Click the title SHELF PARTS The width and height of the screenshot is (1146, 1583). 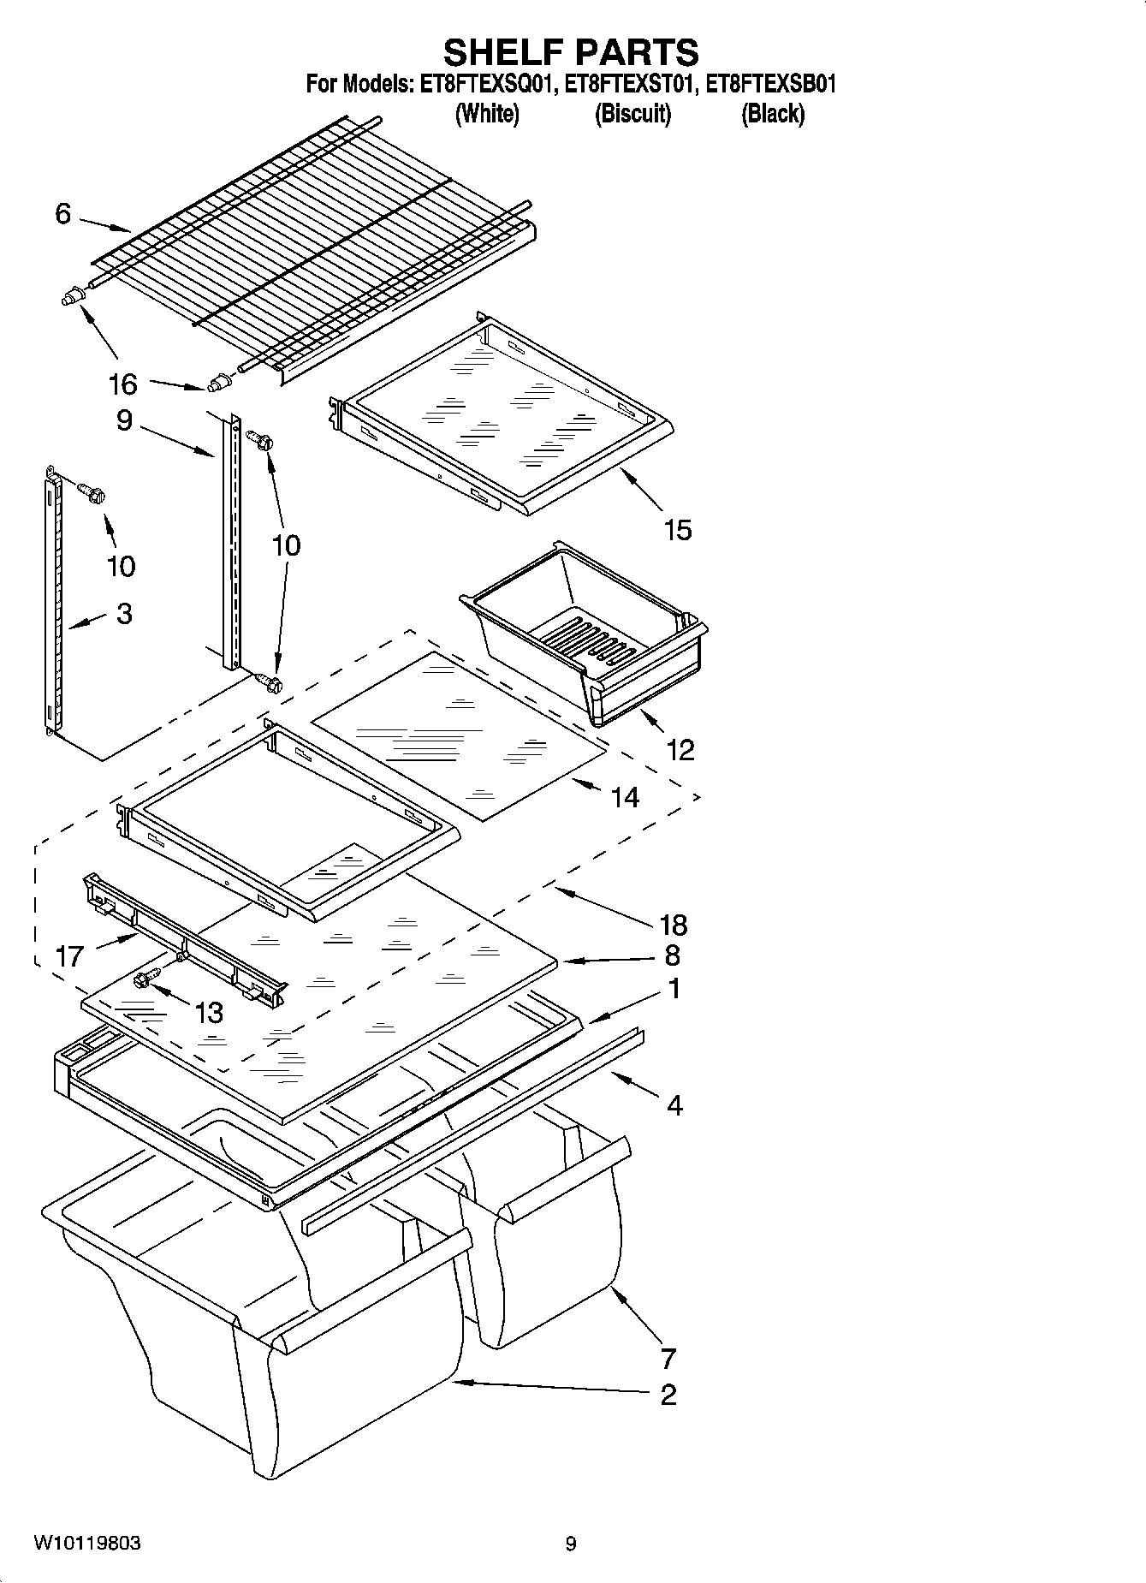click(571, 53)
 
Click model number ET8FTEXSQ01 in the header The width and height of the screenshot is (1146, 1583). click(485, 84)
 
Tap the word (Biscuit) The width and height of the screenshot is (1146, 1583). click(632, 113)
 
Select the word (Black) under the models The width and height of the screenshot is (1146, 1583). click(772, 113)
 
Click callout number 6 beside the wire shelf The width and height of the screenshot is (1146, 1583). click(62, 213)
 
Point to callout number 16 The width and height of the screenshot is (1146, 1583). click(123, 384)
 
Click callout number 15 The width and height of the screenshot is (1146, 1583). click(677, 530)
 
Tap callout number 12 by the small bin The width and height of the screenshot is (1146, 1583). click(680, 750)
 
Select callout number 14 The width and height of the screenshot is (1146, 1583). click(625, 797)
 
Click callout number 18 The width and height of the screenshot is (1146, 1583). click(674, 925)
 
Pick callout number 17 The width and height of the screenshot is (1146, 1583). click(68, 955)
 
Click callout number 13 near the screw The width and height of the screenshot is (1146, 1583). click(209, 1013)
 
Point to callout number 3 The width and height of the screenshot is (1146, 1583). click(124, 613)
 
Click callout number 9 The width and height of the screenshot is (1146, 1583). click(124, 420)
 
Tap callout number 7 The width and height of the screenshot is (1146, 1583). click(668, 1358)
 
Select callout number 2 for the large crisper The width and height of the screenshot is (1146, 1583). click(668, 1395)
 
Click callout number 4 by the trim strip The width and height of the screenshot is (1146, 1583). click(674, 1105)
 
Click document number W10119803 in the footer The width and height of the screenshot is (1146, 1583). click(87, 1544)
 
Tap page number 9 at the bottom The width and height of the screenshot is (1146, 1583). click(571, 1544)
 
